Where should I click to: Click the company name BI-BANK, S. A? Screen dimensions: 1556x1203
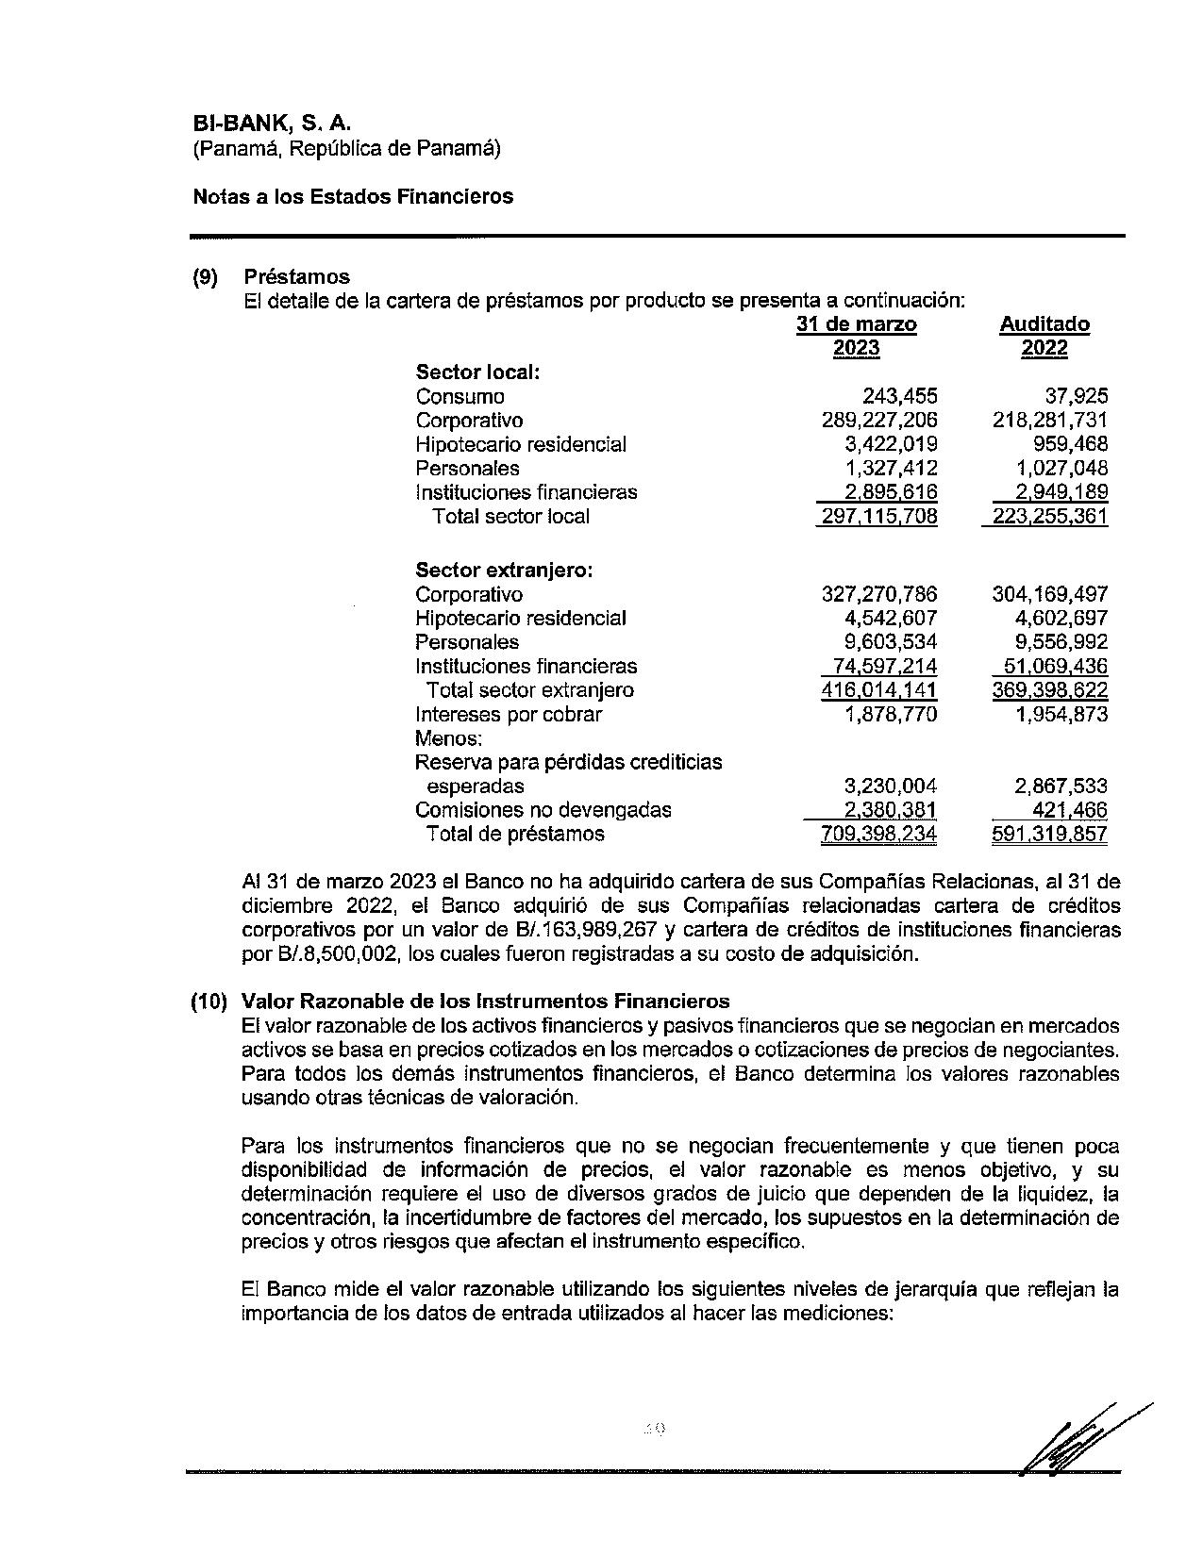coord(272,124)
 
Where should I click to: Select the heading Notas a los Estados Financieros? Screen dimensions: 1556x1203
coord(353,196)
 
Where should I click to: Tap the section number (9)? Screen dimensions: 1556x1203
coord(205,277)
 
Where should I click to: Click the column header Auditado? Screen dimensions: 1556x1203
coord(1044,324)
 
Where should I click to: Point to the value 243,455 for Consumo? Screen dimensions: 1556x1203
coord(899,397)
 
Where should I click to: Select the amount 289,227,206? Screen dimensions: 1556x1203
coord(878,421)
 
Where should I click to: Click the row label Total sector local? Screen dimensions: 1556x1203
coord(510,517)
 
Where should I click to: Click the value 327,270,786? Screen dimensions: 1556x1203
coord(878,595)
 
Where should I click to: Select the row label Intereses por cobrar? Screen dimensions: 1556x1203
coord(508,715)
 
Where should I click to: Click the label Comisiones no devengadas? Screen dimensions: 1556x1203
coord(543,810)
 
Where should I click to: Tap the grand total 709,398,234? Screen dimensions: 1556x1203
coord(878,835)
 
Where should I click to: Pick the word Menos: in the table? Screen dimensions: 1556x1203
coord(448,738)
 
